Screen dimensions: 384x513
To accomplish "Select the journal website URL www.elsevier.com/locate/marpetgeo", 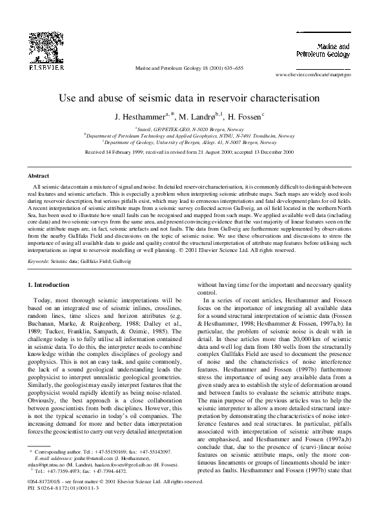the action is (312, 75).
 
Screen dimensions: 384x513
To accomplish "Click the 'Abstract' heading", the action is (39, 176).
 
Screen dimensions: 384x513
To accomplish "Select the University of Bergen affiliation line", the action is (192, 141).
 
